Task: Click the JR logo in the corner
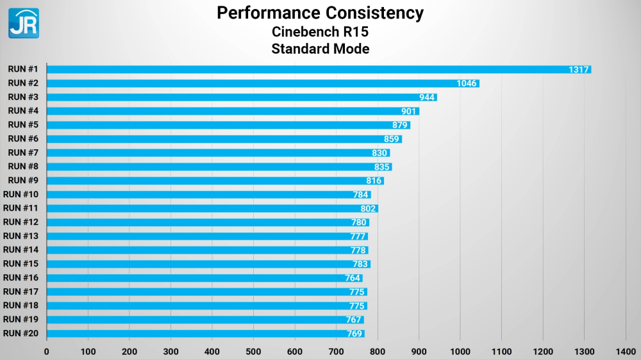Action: click(x=24, y=23)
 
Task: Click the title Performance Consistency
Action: click(x=320, y=12)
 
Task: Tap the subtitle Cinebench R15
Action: click(x=320, y=31)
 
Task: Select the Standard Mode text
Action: click(x=320, y=49)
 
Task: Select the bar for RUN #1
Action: click(x=308, y=69)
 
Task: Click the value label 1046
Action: click(x=467, y=83)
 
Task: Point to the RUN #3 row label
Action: click(x=23, y=97)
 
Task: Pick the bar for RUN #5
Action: click(x=224, y=125)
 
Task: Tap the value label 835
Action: click(x=382, y=167)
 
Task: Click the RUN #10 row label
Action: click(x=21, y=194)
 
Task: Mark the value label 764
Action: click(x=353, y=278)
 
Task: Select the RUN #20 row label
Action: click(x=21, y=333)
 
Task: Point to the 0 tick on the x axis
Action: click(x=46, y=351)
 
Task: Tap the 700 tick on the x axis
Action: click(x=336, y=351)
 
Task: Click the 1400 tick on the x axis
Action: click(x=626, y=351)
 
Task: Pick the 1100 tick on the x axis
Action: click(x=501, y=351)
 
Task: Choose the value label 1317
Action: click(x=579, y=69)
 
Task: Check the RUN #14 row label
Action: click(x=21, y=250)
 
